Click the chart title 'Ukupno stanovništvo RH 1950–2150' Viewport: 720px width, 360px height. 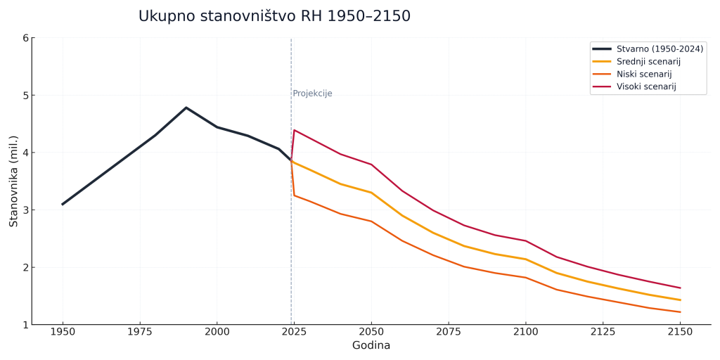(274, 16)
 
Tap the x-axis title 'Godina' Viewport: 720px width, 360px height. (371, 346)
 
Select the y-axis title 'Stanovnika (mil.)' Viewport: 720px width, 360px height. (13, 181)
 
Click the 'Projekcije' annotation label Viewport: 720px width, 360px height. (312, 94)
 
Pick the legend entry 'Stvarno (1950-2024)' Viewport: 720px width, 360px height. (659, 49)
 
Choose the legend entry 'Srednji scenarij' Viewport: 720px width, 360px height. (648, 61)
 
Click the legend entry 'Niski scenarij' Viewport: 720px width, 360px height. (643, 74)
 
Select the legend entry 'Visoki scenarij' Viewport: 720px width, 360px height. (645, 86)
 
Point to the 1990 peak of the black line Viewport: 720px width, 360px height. (186, 108)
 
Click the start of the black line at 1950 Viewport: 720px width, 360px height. (63, 204)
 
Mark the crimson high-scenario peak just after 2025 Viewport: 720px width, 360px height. (294, 130)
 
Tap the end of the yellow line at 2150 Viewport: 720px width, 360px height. (680, 300)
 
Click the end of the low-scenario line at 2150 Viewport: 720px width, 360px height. (680, 312)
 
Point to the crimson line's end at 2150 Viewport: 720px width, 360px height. (680, 288)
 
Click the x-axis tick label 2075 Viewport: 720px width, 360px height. (449, 331)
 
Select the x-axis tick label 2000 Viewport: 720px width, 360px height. (217, 331)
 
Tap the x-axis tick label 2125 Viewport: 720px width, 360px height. (603, 331)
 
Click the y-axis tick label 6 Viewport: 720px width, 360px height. (25, 38)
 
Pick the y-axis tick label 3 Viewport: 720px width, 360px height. (25, 210)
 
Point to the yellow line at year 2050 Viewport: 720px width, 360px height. (371, 193)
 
